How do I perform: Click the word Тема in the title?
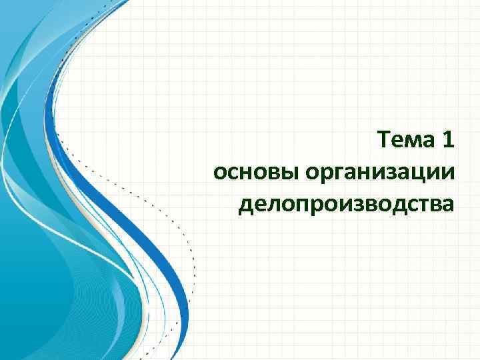pos(405,141)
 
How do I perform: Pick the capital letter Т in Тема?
pos(383,141)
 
